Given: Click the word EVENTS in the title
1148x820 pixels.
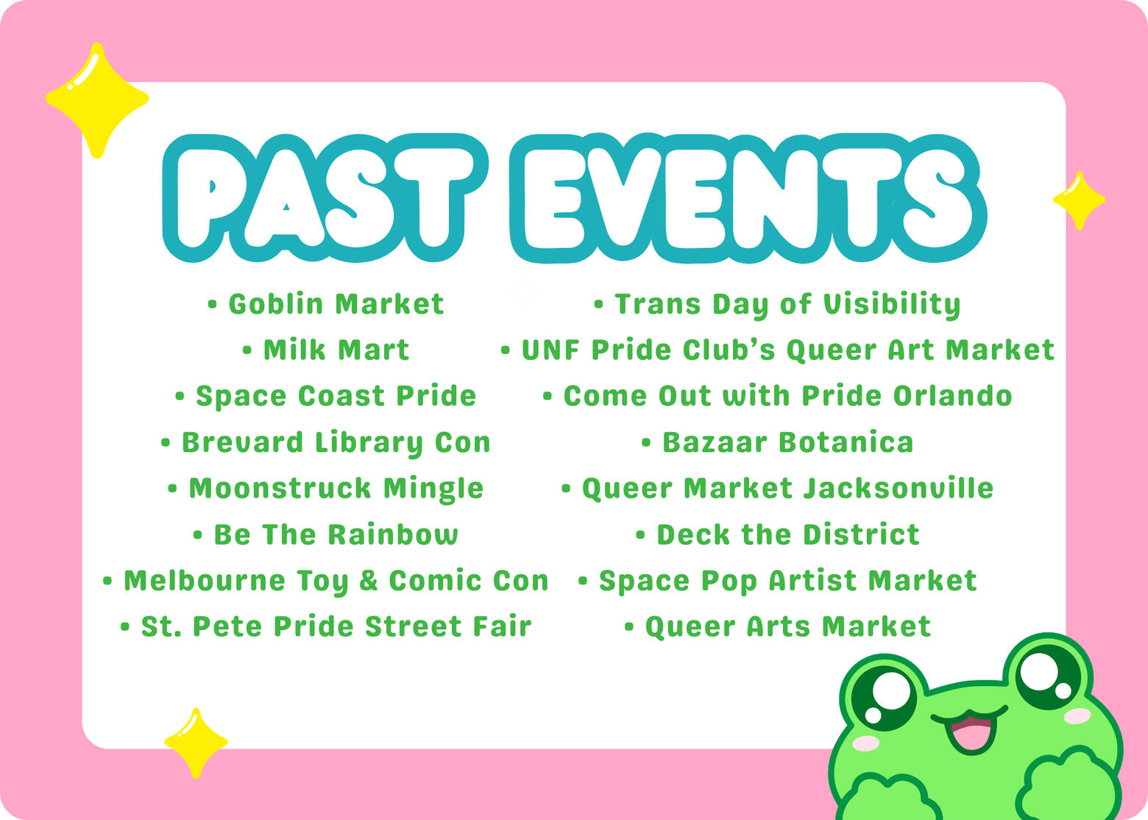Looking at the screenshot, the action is pyautogui.click(x=748, y=198).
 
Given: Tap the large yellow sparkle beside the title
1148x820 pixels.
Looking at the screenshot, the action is pyautogui.click(x=97, y=100).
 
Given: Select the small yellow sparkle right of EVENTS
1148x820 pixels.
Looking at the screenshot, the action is pyautogui.click(x=1079, y=200).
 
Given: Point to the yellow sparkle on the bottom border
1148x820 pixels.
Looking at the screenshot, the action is pyautogui.click(x=196, y=743).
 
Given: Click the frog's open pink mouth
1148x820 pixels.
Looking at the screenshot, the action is pyautogui.click(x=970, y=733).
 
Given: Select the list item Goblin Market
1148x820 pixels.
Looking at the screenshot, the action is pyautogui.click(x=326, y=305).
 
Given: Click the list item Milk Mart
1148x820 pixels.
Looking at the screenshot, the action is pyautogui.click(x=326, y=350).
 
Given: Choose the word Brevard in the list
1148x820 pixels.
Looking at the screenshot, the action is pyautogui.click(x=242, y=442).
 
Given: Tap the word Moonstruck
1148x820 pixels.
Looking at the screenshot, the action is pyautogui.click(x=280, y=488).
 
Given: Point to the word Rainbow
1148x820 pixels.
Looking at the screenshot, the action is pyautogui.click(x=392, y=534).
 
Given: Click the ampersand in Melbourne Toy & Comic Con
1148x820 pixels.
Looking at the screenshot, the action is pyautogui.click(x=369, y=581).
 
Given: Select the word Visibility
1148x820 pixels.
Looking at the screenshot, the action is pyautogui.click(x=892, y=305).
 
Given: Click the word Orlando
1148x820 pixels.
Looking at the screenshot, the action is pyautogui.click(x=952, y=396).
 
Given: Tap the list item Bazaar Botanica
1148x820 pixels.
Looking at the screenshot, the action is pyautogui.click(x=777, y=442).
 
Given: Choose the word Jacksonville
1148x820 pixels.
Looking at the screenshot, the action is pyautogui.click(x=898, y=488).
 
